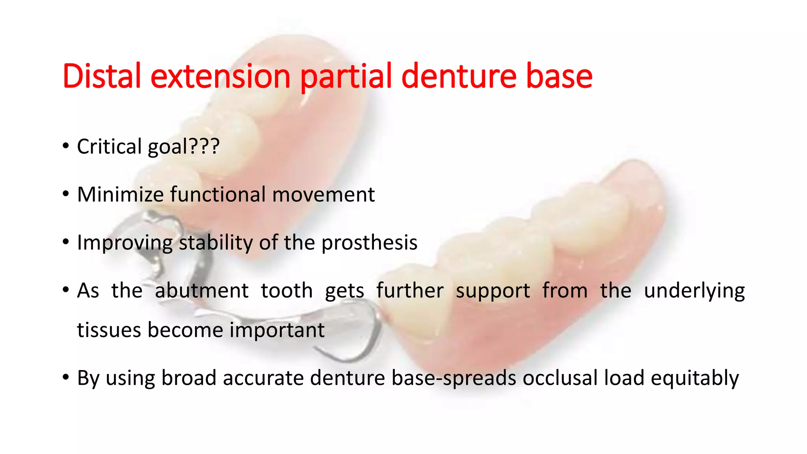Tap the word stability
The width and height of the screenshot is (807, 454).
click(x=216, y=242)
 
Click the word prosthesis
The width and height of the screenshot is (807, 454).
click(x=369, y=242)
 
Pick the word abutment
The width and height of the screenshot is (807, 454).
click(x=201, y=291)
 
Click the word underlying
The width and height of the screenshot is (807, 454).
click(x=694, y=291)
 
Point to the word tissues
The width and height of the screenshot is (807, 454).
click(x=108, y=330)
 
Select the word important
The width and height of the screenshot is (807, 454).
click(x=277, y=330)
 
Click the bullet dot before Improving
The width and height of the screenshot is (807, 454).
click(x=66, y=242)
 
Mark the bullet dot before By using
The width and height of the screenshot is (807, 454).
click(x=66, y=378)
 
